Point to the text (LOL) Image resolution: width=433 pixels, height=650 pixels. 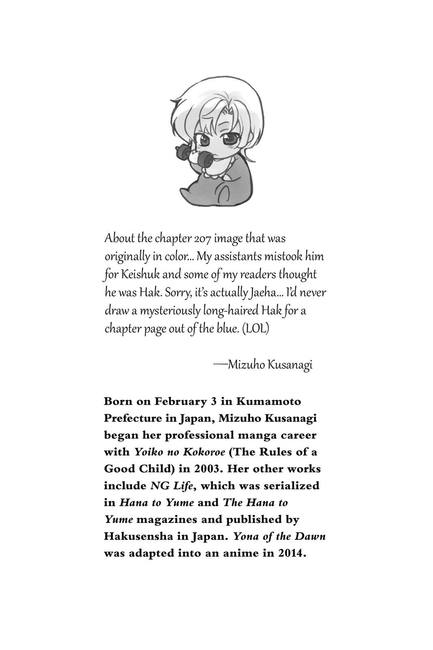256,328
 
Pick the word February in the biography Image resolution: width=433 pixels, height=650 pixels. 179,401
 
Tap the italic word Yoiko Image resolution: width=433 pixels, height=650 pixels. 147,452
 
